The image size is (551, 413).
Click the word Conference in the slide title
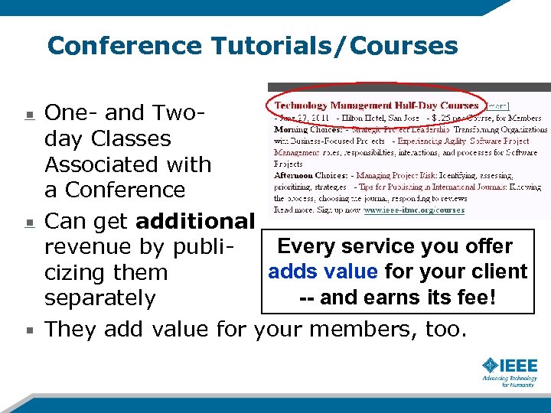pyautogui.click(x=126, y=46)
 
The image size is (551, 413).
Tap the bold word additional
pyautogui.click(x=194, y=222)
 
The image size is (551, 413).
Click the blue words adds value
pyautogui.click(x=323, y=272)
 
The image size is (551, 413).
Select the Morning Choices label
pyautogui.click(x=300, y=129)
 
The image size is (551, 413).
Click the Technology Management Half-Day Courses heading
pyautogui.click(x=377, y=106)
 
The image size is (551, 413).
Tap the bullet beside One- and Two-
pyautogui.click(x=29, y=115)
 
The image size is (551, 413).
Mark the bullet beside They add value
pyautogui.click(x=29, y=331)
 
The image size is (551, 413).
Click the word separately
pyautogui.click(x=99, y=298)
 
